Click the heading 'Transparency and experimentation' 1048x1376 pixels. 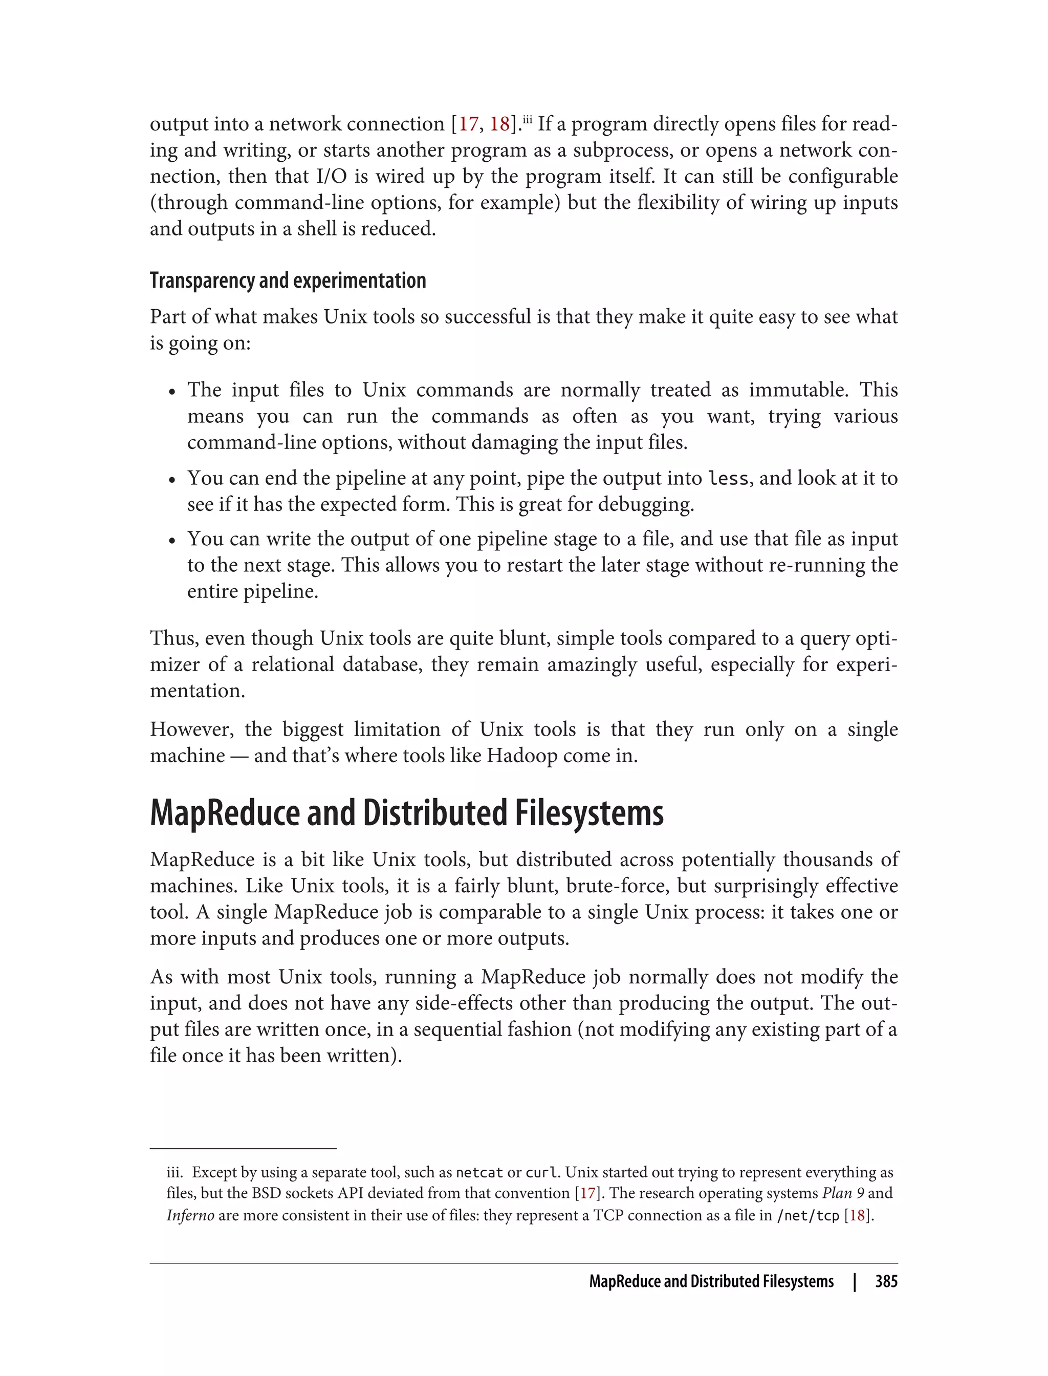tap(288, 281)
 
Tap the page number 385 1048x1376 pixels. tap(886, 1281)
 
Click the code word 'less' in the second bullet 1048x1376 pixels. tap(728, 479)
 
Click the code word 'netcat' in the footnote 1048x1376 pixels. tap(479, 1173)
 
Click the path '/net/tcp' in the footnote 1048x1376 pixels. tap(808, 1216)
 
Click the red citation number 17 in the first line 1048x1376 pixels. tap(469, 124)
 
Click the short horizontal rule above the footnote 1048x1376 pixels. tap(243, 1148)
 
